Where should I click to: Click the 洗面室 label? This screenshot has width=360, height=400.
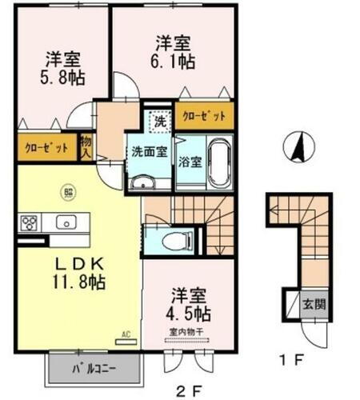[149, 150]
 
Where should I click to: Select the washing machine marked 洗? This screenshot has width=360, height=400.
[160, 122]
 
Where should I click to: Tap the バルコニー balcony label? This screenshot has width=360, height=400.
[95, 370]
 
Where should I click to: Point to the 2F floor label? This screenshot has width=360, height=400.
[187, 390]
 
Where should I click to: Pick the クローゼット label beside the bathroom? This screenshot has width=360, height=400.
[205, 117]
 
